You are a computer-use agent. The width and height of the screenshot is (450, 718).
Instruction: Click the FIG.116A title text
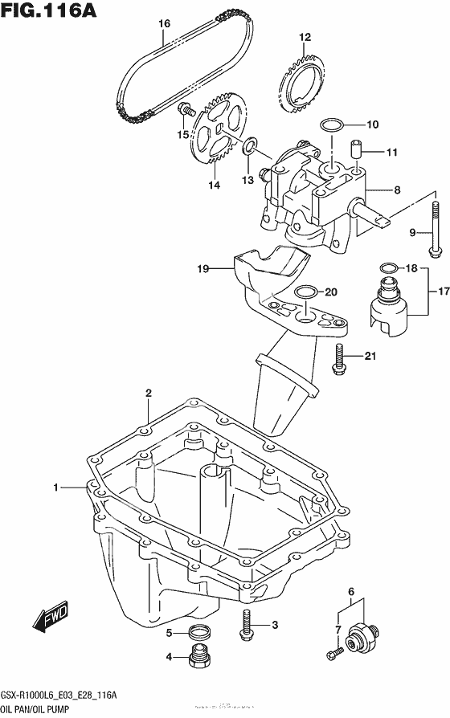click(49, 10)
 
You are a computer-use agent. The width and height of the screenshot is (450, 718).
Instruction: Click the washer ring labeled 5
click(200, 632)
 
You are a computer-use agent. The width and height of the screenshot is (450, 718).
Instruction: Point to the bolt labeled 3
click(245, 623)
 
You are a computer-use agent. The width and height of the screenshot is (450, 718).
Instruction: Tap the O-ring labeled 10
click(331, 124)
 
